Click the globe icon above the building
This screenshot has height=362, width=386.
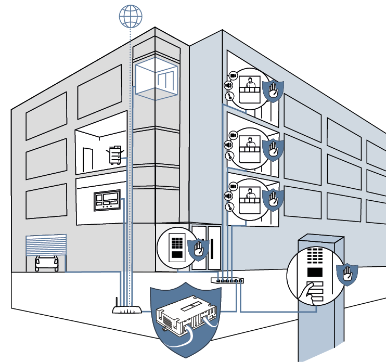coord(130,16)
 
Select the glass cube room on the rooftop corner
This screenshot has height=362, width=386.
coord(156,79)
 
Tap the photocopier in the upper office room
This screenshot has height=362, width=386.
coord(115,155)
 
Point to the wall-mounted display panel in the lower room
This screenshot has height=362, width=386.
coord(107,201)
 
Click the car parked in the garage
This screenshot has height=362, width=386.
coord(46,263)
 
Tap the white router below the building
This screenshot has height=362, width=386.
coord(127,310)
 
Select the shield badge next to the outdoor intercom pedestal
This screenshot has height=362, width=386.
coord(346,274)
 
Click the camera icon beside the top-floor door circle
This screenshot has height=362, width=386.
coord(233,76)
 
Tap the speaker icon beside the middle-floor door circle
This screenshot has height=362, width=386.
coord(228,145)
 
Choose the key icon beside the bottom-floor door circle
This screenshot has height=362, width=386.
coord(228,207)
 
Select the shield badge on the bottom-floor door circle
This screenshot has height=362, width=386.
coord(273,198)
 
